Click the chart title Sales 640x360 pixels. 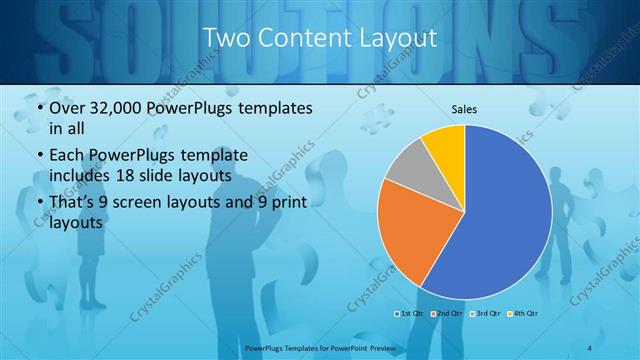click(x=464, y=108)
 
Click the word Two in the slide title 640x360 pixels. click(x=226, y=38)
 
